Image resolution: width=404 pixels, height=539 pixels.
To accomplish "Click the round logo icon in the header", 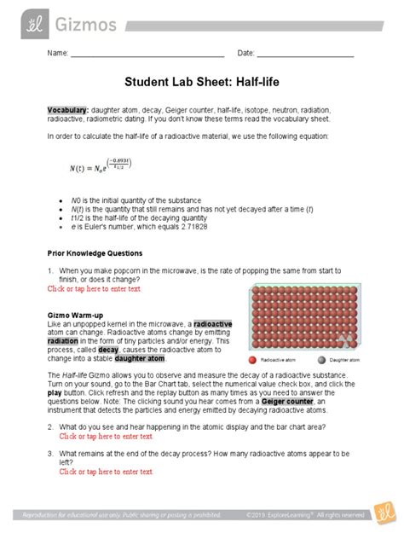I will coord(19,17).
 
